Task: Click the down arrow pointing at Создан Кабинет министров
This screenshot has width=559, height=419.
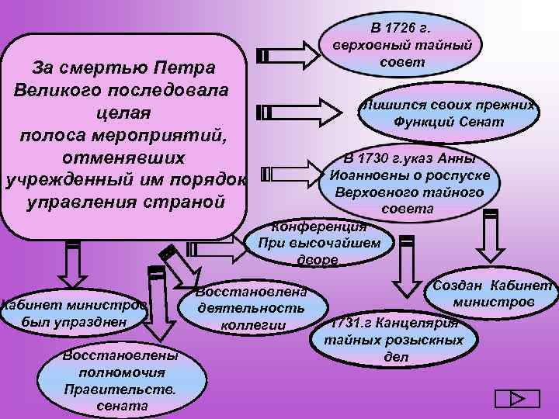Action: (x=490, y=236)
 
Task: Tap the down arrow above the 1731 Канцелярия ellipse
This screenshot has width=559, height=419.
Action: (x=404, y=264)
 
